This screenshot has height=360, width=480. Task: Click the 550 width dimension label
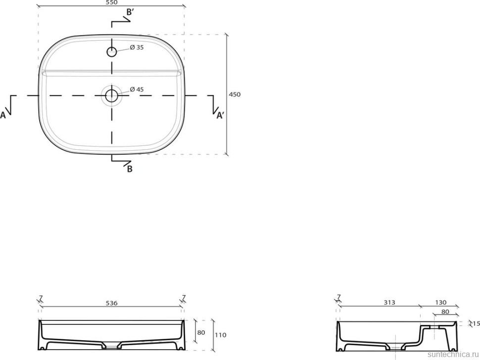(112, 2)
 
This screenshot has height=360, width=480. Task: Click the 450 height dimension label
(235, 94)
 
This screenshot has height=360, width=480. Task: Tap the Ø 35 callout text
(137, 47)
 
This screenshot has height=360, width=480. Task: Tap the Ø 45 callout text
(137, 90)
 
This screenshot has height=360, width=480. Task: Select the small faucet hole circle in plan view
(112, 52)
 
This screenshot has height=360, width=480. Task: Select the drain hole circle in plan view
(111, 95)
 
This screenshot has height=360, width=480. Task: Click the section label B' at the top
(130, 12)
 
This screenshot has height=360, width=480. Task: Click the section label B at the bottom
(130, 169)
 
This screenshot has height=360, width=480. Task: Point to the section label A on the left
(3, 115)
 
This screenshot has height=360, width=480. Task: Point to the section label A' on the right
(220, 115)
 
